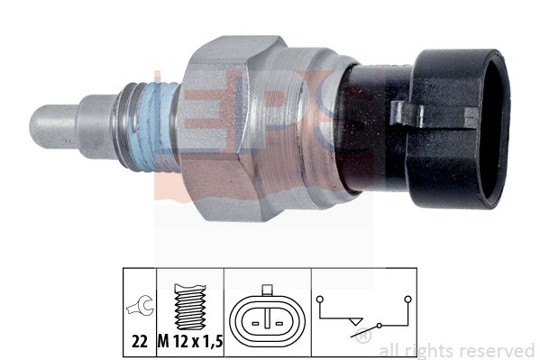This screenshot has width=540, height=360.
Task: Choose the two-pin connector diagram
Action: click(x=266, y=318)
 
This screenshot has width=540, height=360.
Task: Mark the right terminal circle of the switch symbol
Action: click(x=407, y=299)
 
